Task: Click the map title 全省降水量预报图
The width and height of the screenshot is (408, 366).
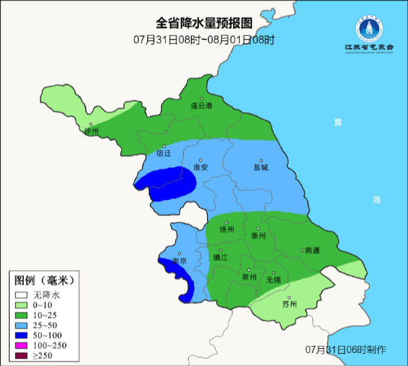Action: coord(204,23)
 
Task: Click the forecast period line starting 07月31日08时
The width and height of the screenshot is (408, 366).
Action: coord(204,40)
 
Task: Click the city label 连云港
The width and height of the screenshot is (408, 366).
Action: coord(201,106)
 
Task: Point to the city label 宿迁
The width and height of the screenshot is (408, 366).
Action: coord(164,153)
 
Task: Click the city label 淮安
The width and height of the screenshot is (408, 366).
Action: coord(201,167)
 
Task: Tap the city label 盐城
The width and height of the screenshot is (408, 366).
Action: coord(261,167)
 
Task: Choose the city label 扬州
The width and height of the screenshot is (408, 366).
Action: coord(226,229)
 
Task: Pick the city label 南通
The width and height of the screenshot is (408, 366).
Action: coord(312,250)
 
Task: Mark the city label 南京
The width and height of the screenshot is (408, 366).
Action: coord(179,261)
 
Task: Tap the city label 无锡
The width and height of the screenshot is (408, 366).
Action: coord(273,279)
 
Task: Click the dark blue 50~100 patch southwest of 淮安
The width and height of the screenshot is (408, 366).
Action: coord(173,184)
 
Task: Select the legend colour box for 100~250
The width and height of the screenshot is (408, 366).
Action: coord(22,345)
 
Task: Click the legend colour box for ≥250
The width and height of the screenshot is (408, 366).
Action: coord(22,355)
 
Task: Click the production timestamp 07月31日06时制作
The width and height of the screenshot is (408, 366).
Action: coord(346,349)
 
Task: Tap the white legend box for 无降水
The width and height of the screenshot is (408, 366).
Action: coord(22,294)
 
